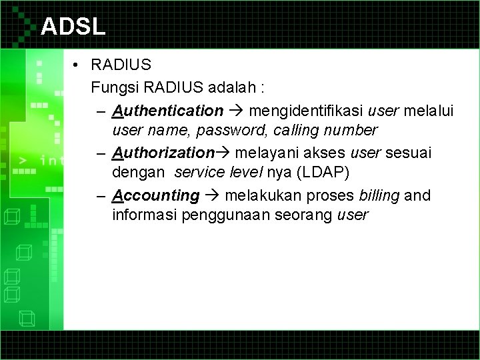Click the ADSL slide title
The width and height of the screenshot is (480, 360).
point(73,26)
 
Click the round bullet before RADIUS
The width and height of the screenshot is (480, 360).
point(78,66)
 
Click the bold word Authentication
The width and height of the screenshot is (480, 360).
point(168,109)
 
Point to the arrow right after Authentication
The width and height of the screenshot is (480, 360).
point(237,109)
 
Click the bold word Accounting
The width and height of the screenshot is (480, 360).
point(156,195)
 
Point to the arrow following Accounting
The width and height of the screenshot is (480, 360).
point(213,195)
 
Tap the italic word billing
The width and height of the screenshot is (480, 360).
point(381,195)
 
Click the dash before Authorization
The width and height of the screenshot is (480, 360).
point(100,153)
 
